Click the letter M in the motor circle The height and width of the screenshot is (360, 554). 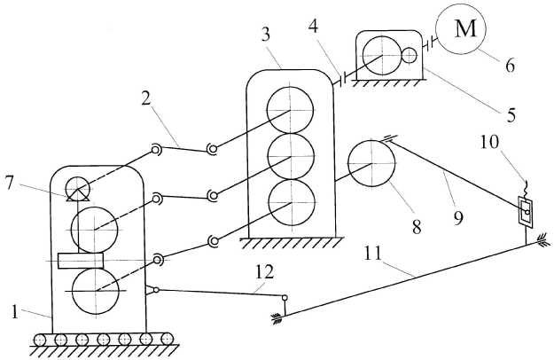pyautogui.click(x=464, y=27)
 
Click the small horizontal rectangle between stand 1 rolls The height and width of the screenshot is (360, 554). pyautogui.click(x=80, y=261)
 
